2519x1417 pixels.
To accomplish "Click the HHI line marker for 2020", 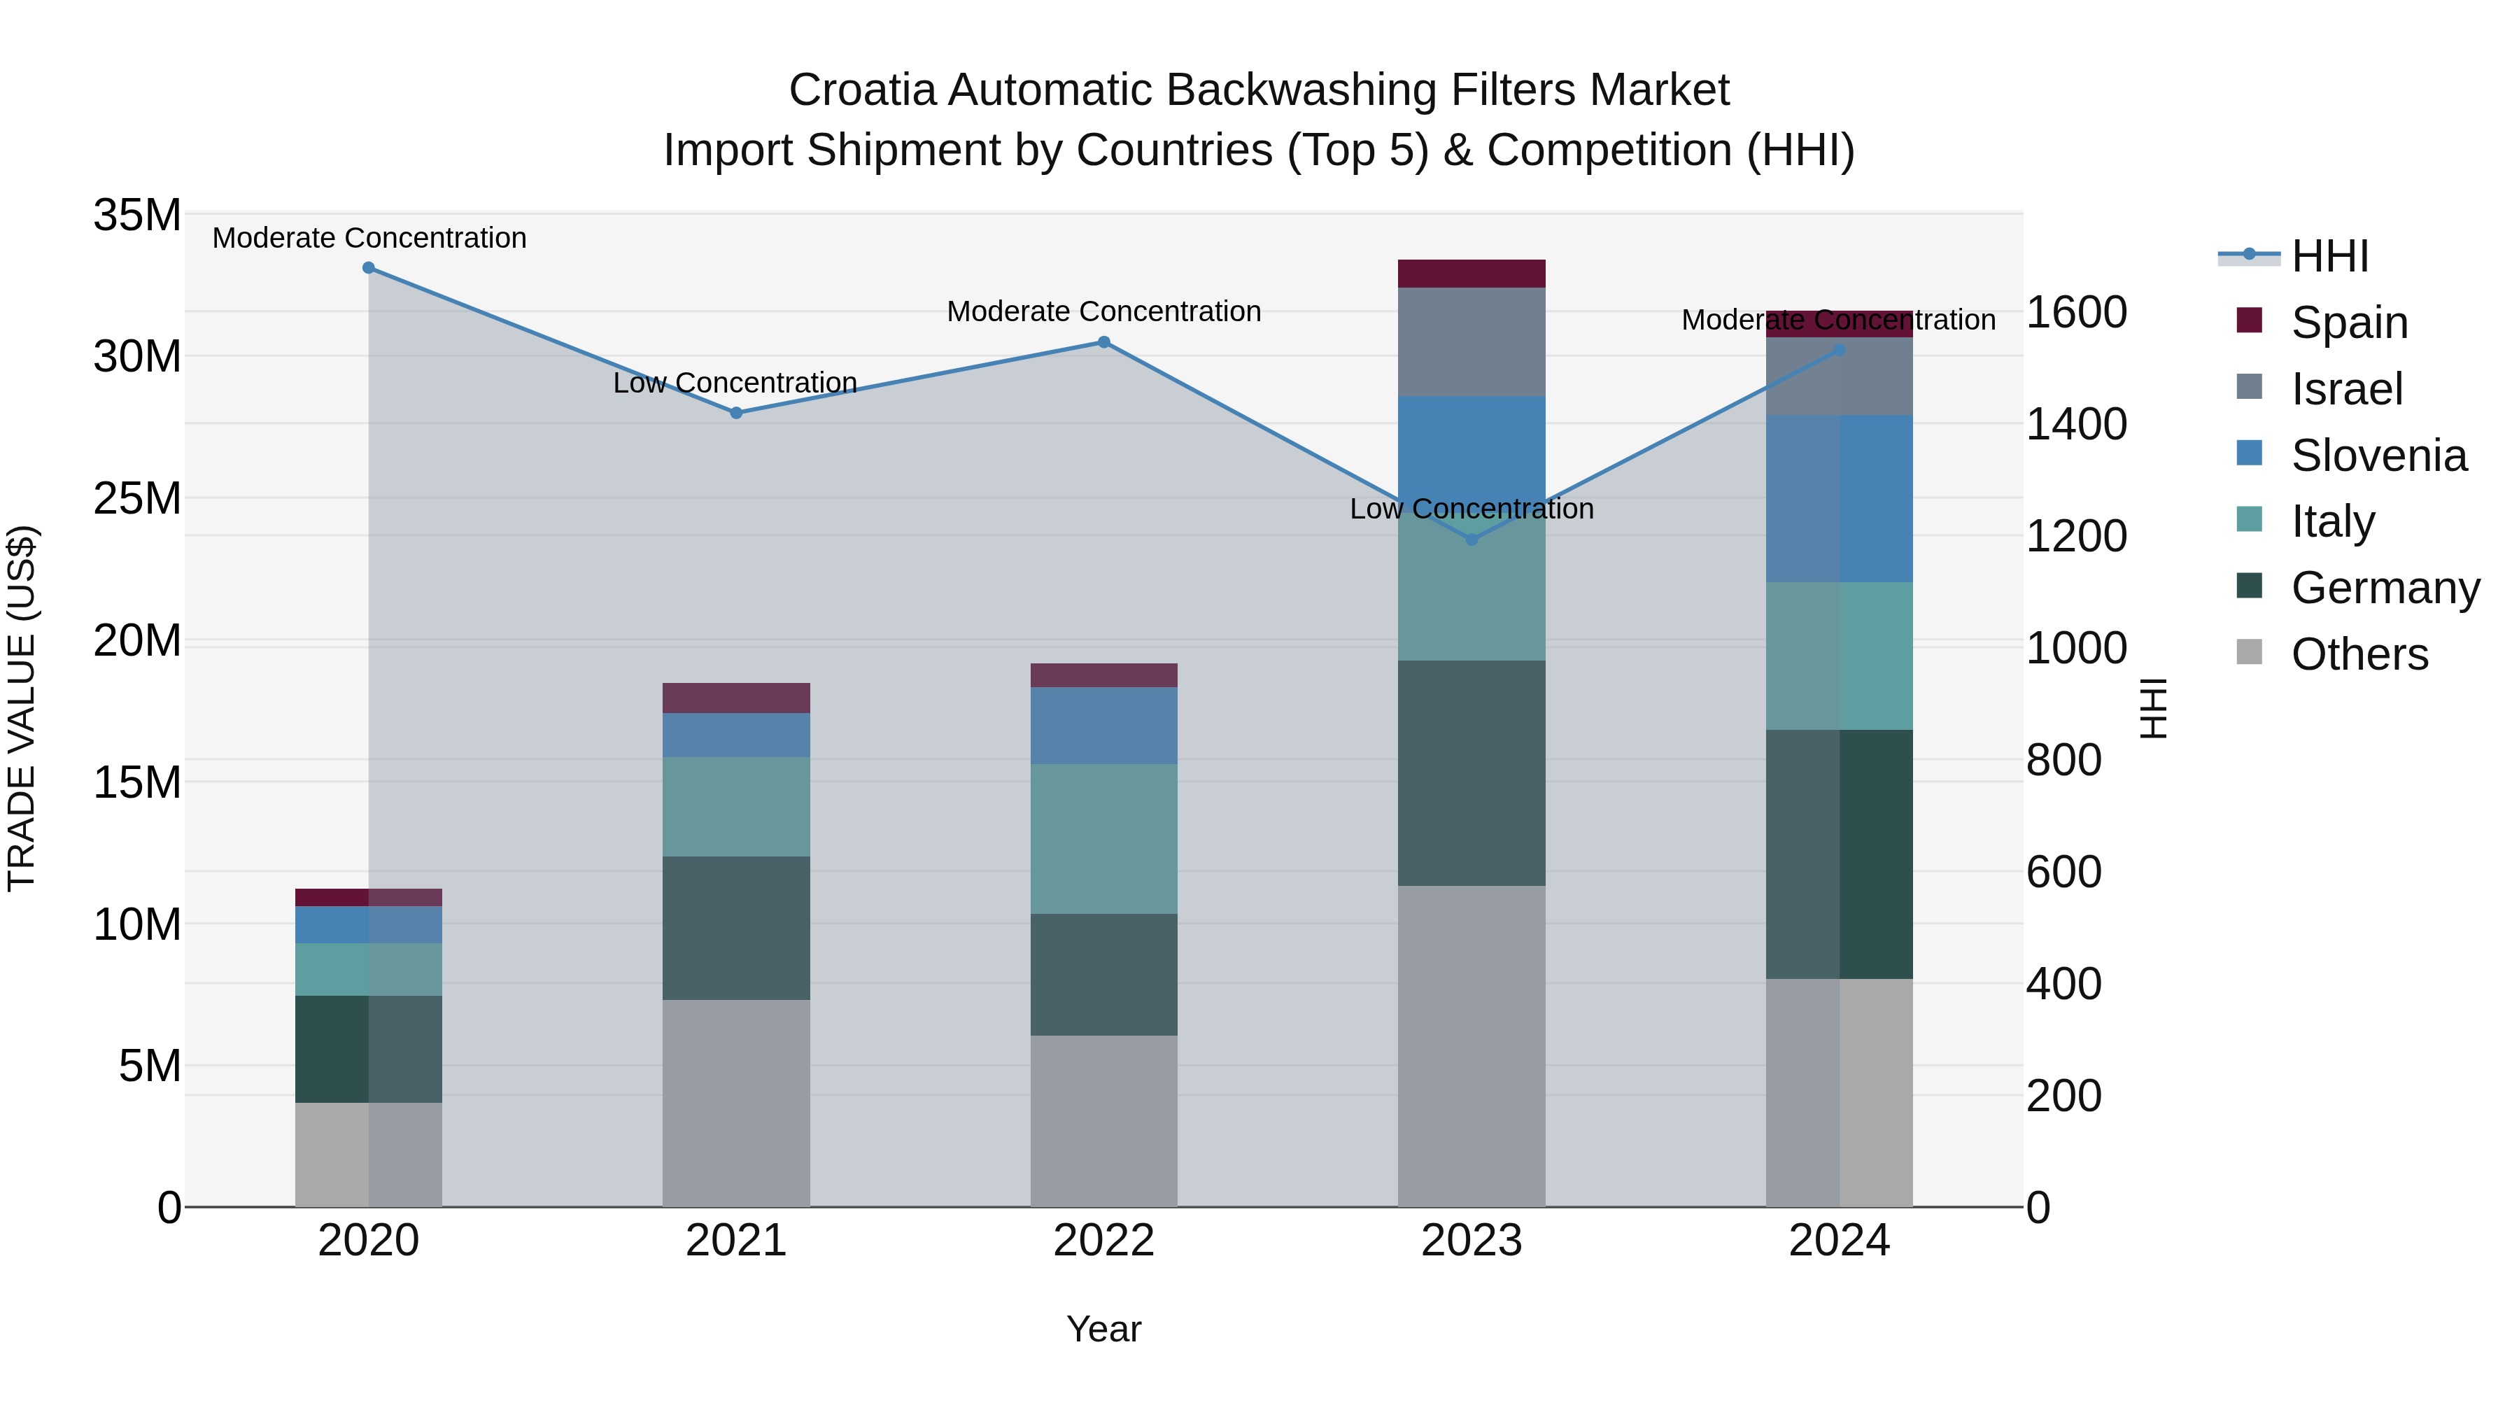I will point(369,268).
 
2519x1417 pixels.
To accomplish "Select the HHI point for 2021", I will point(736,413).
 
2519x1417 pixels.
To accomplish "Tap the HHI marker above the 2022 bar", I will point(1104,342).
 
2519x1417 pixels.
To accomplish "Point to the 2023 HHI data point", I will point(1472,540).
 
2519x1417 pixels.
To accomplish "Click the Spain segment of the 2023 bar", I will point(1472,274).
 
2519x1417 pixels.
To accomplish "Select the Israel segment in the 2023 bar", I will point(1472,341).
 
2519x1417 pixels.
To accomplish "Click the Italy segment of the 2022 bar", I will point(1104,839).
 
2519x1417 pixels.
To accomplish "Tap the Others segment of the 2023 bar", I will point(1472,1046).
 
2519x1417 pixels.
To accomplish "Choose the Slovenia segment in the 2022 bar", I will point(1104,726).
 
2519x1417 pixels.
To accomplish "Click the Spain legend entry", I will point(2349,323).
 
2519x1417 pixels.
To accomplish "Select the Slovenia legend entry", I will point(2378,456).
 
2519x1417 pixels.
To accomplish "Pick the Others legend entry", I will point(2359,654).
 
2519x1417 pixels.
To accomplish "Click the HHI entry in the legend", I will point(2329,256).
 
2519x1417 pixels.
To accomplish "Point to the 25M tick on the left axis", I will point(137,499).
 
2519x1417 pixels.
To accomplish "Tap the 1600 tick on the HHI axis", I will point(2076,313).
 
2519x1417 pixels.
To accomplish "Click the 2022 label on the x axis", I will point(1104,1241).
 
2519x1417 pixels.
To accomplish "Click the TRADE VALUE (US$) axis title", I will point(22,708).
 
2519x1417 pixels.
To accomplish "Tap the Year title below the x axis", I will point(1104,1329).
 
